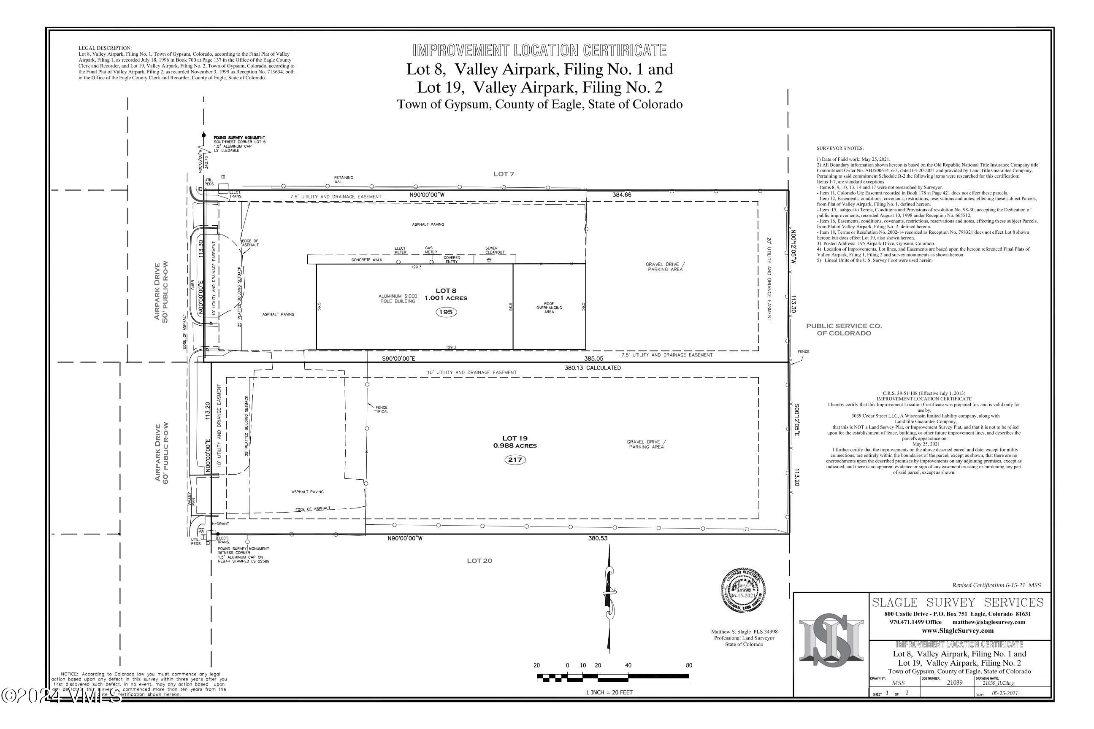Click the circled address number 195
pyautogui.click(x=446, y=312)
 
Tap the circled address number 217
pyautogui.click(x=515, y=460)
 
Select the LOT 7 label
pyautogui.click(x=504, y=174)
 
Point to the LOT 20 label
pyautogui.click(x=479, y=561)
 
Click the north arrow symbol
pyautogui.click(x=608, y=600)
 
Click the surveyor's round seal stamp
pyautogui.click(x=743, y=591)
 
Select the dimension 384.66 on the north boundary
pyautogui.click(x=622, y=195)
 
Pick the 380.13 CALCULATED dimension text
pyautogui.click(x=593, y=368)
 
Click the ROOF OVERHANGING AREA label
pyautogui.click(x=549, y=308)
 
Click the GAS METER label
pyautogui.click(x=431, y=250)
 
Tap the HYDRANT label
pyautogui.click(x=220, y=524)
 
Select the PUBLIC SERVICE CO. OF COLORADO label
pyautogui.click(x=844, y=329)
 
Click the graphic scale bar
pyautogui.click(x=612, y=678)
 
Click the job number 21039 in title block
pyautogui.click(x=954, y=683)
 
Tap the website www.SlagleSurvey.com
pyautogui.click(x=957, y=631)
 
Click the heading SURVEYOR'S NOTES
pyautogui.click(x=839, y=148)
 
